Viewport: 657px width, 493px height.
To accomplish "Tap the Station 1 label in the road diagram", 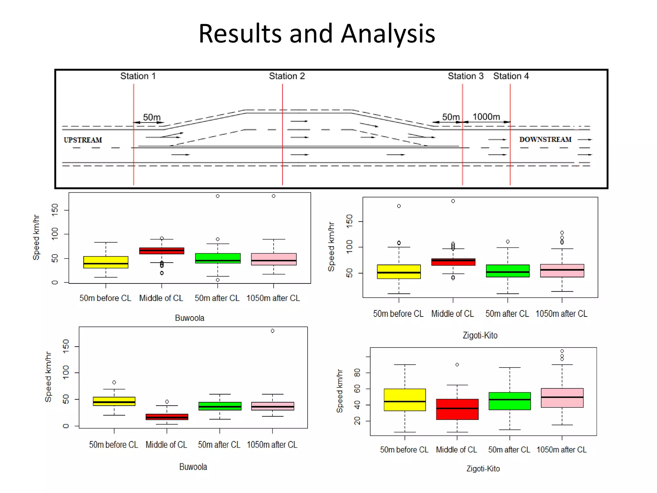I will coord(138,76).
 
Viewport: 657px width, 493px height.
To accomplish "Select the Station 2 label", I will coord(287,76).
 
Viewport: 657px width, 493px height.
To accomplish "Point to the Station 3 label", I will coord(465,76).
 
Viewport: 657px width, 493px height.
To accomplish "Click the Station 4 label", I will coord(511,76).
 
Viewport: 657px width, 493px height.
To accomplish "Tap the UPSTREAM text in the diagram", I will coord(83,140).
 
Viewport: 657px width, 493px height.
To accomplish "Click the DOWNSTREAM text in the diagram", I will coord(545,139).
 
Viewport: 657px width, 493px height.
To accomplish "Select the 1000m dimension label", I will coord(486,117).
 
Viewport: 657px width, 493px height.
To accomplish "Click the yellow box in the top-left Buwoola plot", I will coord(106,262).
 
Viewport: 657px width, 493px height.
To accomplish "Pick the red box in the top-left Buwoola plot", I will coord(162,251).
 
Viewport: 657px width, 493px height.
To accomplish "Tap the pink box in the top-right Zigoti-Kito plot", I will coord(562,271).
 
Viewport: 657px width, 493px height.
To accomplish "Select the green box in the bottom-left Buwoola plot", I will coord(220,406).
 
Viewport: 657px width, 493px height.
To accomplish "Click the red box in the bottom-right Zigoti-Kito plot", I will coord(457,409).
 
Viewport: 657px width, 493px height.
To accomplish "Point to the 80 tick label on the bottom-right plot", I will coord(357,373).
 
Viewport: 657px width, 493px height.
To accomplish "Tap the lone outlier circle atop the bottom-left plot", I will coord(272,331).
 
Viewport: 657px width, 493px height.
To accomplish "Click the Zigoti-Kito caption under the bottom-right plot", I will coord(483,469).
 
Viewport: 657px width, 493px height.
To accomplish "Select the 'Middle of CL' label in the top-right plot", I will coord(452,314).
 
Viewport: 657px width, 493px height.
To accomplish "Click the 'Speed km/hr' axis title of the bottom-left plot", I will coord(48,377).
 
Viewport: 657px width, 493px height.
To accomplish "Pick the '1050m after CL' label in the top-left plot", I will coord(273,298).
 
